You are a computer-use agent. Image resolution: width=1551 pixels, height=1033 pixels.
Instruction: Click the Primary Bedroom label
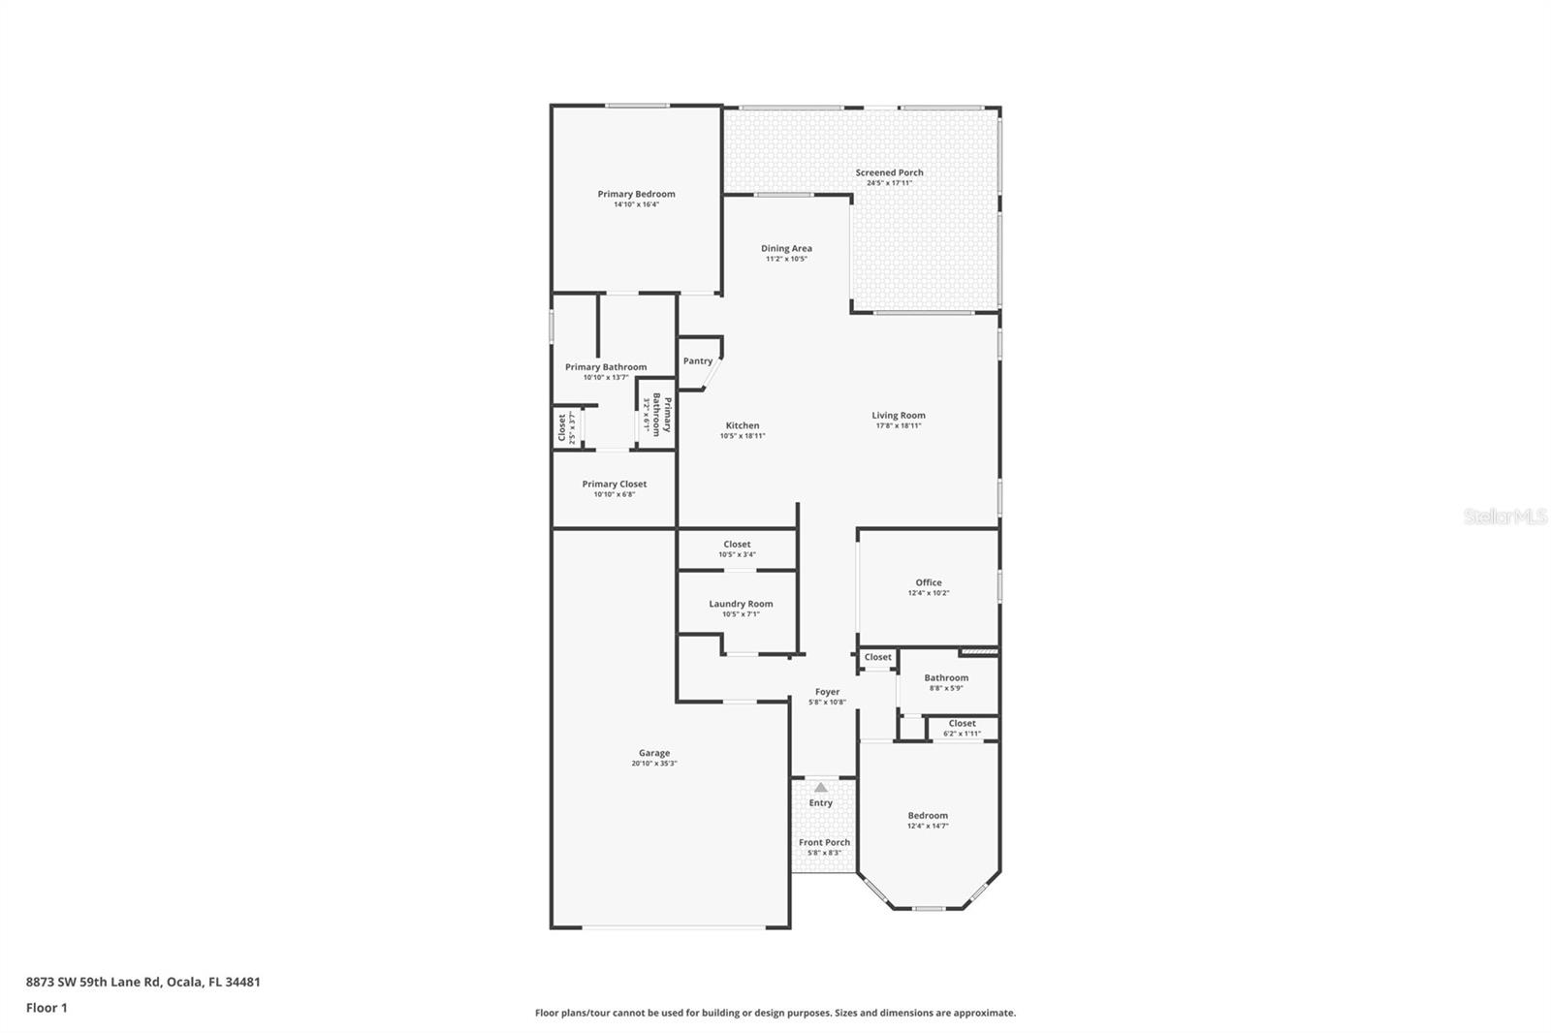[x=636, y=194]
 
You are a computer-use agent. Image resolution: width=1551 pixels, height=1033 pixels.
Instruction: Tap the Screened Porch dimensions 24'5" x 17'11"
[x=889, y=183]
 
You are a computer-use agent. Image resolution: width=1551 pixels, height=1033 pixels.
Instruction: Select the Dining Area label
[x=786, y=248]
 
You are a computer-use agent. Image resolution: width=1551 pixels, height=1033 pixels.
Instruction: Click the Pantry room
[x=698, y=360]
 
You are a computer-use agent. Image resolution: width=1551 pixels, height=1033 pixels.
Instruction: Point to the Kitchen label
[x=743, y=425]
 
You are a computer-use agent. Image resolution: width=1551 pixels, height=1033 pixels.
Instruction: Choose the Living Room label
[x=898, y=416]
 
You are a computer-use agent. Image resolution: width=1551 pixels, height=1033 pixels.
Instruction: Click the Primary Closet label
[x=614, y=484]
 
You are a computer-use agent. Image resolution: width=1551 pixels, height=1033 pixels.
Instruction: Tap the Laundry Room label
[x=741, y=604]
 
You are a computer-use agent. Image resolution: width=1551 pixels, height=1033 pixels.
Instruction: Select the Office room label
[x=928, y=582]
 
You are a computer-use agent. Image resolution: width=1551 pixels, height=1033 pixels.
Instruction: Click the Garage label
[x=653, y=753]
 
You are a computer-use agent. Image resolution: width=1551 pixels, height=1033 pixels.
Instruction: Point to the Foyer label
[x=827, y=692]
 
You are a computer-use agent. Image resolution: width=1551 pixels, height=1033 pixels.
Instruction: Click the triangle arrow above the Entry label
[x=821, y=787]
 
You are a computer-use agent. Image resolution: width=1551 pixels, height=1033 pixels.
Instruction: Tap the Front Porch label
[x=824, y=842]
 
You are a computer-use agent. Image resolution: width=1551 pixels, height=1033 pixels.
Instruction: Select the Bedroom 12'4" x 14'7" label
[x=928, y=816]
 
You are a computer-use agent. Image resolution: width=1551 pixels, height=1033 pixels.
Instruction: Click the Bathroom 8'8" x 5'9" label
[x=946, y=678]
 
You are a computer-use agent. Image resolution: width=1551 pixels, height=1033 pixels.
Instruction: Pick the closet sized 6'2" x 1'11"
[x=962, y=728]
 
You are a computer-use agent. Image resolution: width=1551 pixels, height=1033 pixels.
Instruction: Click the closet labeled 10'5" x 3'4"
[x=737, y=548]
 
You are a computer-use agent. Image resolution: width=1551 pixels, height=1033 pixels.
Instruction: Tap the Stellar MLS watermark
[x=1504, y=517]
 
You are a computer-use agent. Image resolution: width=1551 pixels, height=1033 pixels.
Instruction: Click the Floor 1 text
[x=47, y=1008]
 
